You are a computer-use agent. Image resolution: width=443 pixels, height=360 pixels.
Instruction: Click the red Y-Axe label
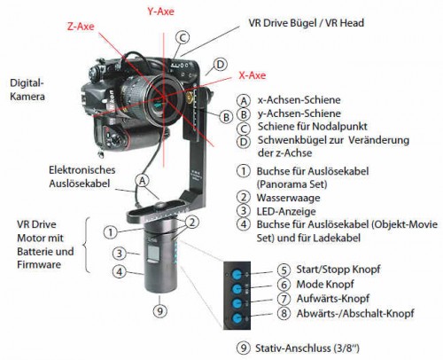point(160,12)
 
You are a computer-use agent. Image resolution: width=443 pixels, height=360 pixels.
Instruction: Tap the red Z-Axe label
point(81,27)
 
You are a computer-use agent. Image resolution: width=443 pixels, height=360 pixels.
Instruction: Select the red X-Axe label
point(253,75)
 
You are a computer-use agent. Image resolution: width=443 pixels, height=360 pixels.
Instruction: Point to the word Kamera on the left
point(27,97)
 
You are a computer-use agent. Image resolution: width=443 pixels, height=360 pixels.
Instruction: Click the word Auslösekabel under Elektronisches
point(80,184)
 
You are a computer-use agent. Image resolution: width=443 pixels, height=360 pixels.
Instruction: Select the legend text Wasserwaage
point(288,198)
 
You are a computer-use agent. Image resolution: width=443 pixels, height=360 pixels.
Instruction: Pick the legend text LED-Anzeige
point(286,211)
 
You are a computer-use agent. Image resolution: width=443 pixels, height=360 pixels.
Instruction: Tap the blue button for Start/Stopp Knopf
point(237,274)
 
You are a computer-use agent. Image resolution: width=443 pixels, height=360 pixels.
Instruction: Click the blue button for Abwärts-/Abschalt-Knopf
point(237,318)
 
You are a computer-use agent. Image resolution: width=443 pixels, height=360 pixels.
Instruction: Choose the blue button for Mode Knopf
point(237,289)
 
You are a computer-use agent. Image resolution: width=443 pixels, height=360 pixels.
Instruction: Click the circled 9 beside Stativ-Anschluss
point(244,348)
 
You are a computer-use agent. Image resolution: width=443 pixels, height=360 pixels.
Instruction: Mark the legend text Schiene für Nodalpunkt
point(313,127)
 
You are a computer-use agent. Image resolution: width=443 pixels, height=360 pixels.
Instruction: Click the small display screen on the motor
point(153,254)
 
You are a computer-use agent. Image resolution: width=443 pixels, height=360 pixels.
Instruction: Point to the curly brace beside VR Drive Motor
point(86,245)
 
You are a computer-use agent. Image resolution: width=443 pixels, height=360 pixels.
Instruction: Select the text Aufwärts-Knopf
point(333,299)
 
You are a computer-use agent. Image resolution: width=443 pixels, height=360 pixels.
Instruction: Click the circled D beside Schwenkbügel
point(244,142)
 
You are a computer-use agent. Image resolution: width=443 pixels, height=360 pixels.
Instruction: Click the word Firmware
point(39,264)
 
